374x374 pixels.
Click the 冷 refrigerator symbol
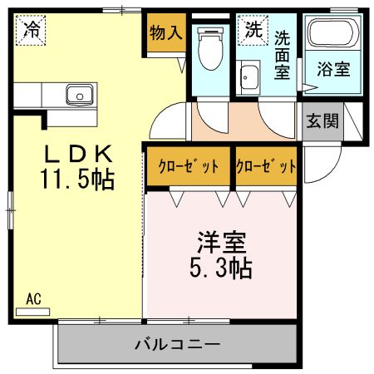tap(31, 31)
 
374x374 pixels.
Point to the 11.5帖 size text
tap(76, 178)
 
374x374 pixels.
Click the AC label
tap(33, 298)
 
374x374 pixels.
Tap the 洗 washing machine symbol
tap(252, 30)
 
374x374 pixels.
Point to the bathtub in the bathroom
tap(331, 37)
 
